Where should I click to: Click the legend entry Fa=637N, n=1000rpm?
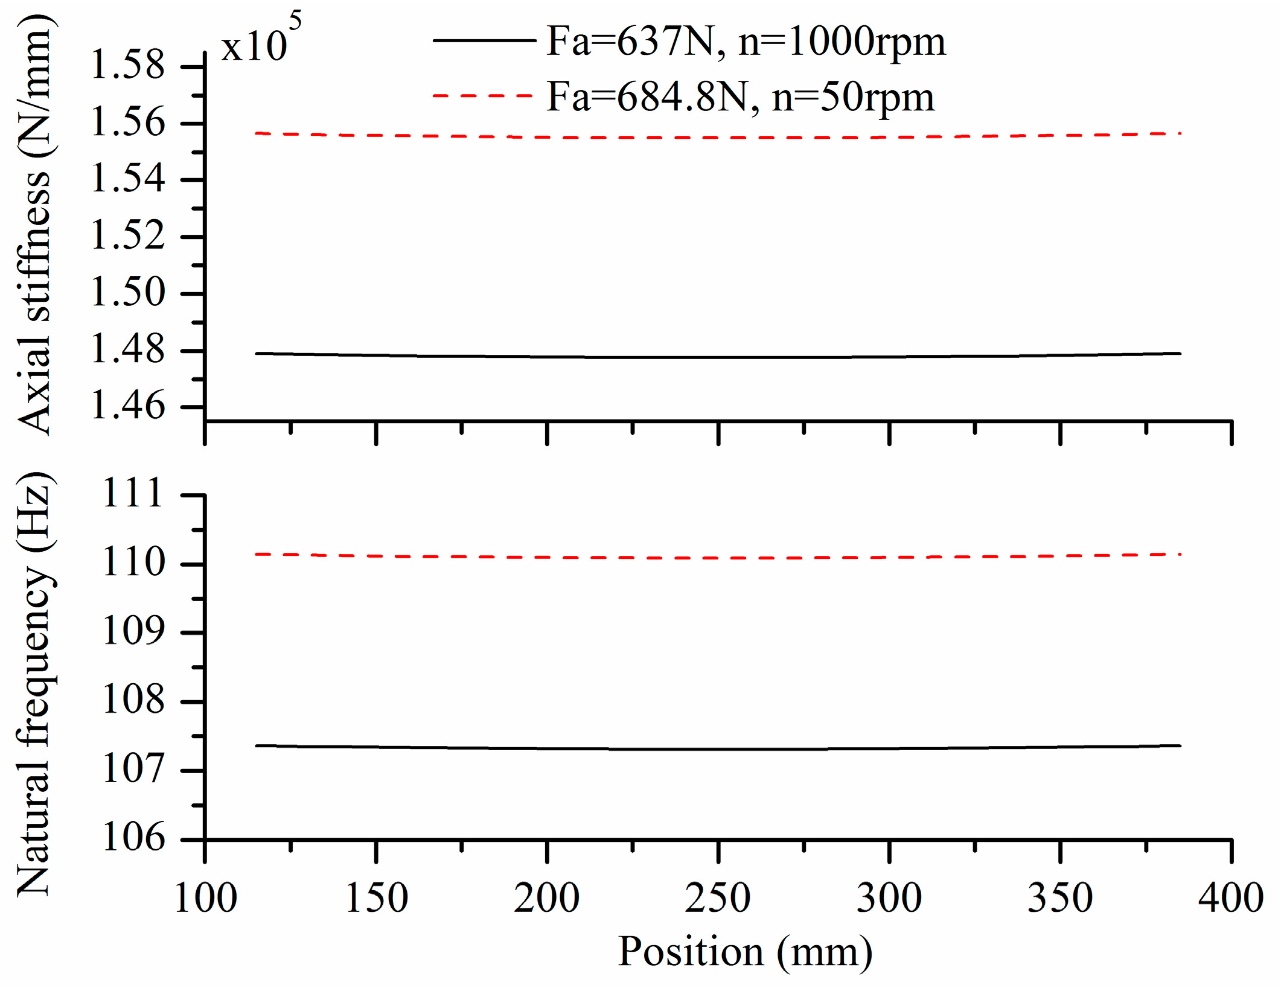[x=746, y=42]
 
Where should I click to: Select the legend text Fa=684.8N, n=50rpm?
[x=740, y=97]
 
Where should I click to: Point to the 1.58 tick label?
[x=127, y=65]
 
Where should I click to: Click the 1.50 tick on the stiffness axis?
[x=127, y=293]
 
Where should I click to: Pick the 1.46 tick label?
[x=127, y=406]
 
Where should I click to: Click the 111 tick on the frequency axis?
[x=133, y=493]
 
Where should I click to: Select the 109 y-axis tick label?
[x=133, y=632]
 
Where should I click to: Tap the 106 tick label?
[x=133, y=838]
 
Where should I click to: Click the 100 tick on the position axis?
[x=205, y=898]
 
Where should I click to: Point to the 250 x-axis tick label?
[x=718, y=898]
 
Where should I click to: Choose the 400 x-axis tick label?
[x=1230, y=898]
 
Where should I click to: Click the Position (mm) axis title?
[x=745, y=952]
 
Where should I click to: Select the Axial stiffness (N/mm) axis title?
[x=35, y=223]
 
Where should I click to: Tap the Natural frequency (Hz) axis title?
[x=35, y=685]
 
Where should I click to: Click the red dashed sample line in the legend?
[x=483, y=96]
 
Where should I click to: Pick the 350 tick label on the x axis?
[x=1060, y=898]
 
